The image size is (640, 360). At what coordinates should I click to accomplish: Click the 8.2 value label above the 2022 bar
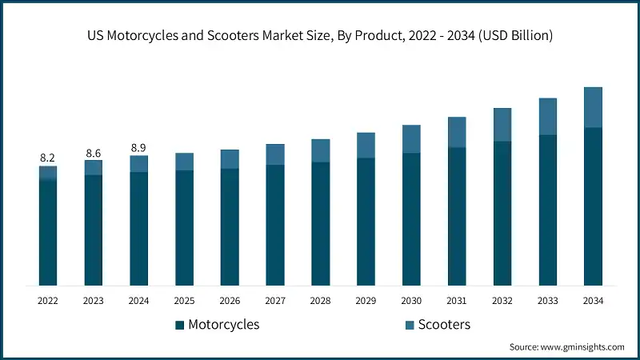pos(48,158)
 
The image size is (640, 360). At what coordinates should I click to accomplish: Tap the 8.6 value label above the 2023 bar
pos(94,152)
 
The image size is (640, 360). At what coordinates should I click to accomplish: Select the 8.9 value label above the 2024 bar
pos(139,147)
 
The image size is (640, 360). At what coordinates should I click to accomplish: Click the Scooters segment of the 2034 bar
pos(593,107)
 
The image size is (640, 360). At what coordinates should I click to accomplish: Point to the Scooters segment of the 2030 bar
pos(411,138)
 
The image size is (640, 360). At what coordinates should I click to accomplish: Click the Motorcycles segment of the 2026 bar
pos(230,227)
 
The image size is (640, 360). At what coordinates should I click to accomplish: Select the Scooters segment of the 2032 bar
pos(502,125)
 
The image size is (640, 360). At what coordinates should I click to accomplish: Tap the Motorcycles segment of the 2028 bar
pos(321,224)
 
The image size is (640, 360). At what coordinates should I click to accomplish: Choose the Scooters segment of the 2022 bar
pos(48,173)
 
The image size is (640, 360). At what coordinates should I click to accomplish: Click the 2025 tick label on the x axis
pos(184,301)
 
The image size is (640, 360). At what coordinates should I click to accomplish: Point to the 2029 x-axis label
pos(366,301)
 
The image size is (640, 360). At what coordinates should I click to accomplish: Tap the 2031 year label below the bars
pos(457,301)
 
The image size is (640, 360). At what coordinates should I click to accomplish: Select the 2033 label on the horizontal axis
pos(547,301)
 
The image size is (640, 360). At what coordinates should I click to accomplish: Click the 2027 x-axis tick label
pos(275,301)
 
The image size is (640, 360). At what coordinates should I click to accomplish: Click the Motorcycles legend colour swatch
pos(180,325)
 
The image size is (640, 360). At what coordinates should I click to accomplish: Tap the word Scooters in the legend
pos(445,325)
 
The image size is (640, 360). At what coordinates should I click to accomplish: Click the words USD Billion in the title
pos(518,35)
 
